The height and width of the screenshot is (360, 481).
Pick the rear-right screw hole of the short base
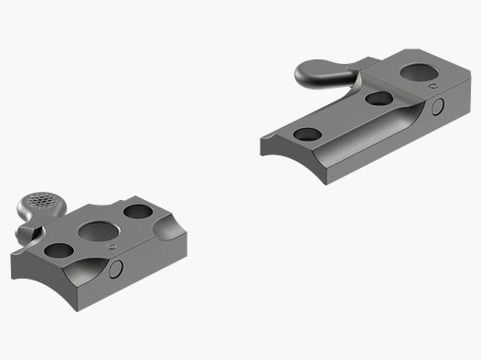point(138,213)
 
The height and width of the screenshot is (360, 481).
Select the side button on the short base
point(115,270)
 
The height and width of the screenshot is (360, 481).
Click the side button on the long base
point(437,108)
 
